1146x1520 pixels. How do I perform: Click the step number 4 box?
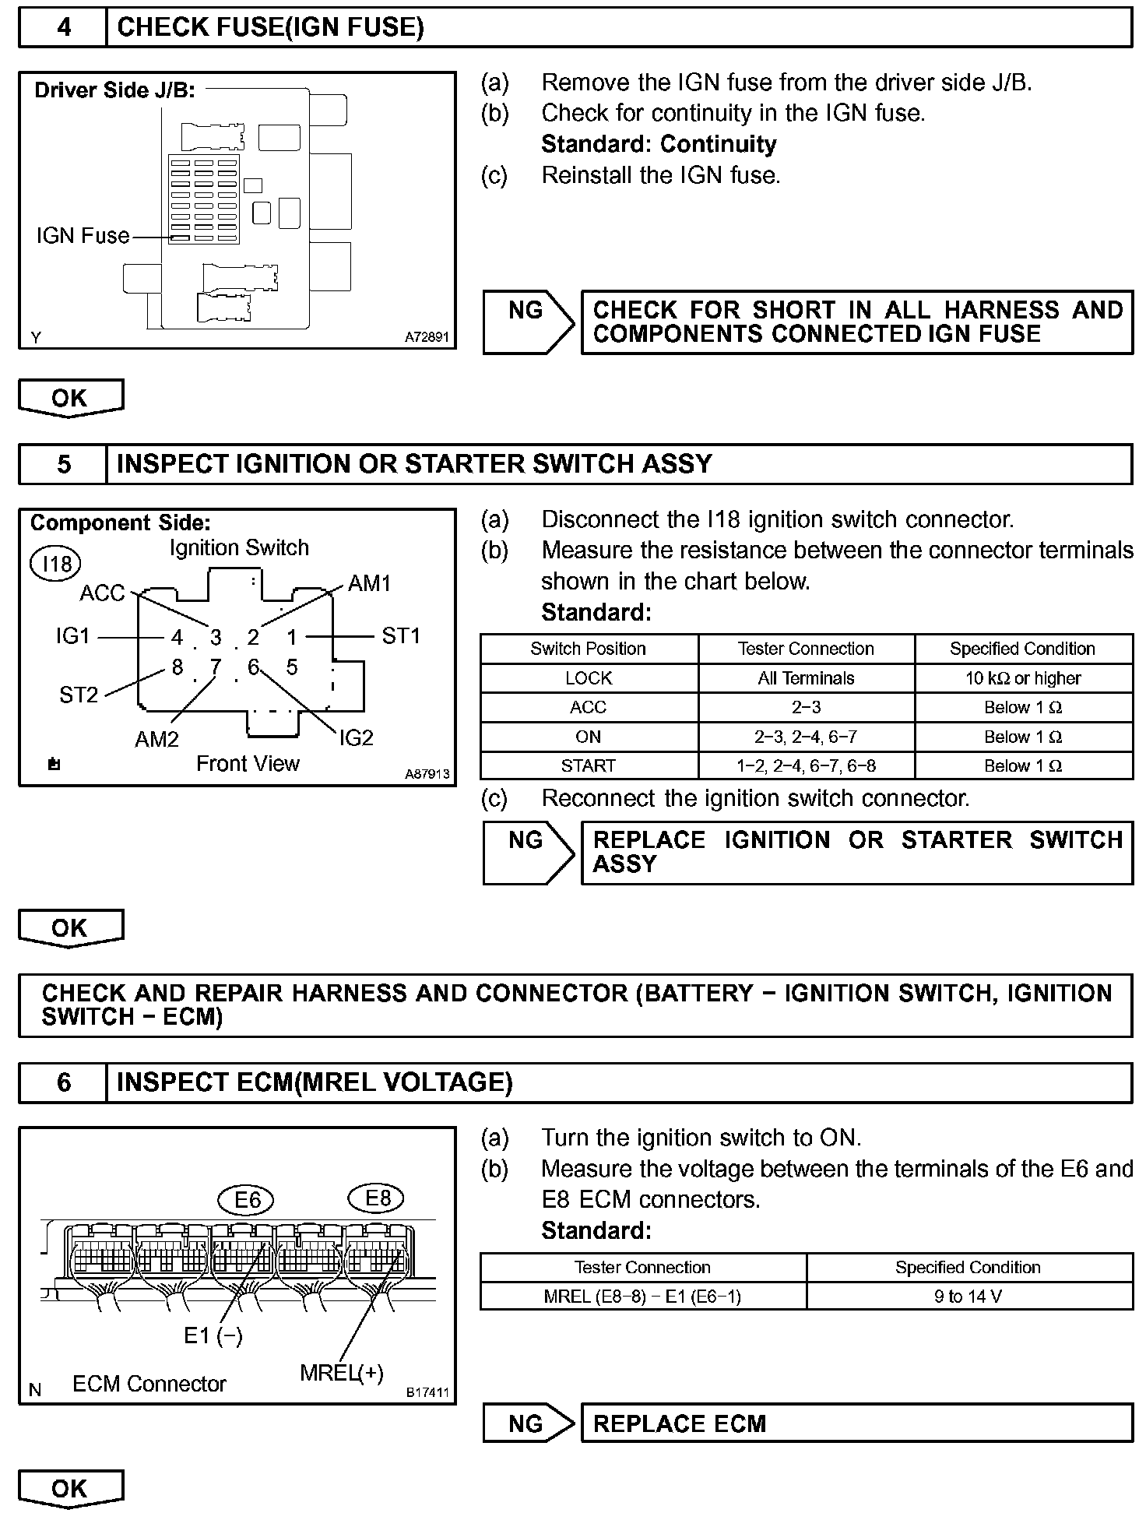[63, 28]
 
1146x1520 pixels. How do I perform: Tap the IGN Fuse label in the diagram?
[83, 235]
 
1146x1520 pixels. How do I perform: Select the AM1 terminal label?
[369, 583]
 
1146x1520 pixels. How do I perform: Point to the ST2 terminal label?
[79, 695]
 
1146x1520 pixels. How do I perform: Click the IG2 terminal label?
[356, 737]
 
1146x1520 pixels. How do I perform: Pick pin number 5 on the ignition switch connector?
[292, 667]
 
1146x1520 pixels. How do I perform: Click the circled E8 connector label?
[378, 1198]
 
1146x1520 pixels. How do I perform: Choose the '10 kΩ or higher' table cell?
[1023, 678]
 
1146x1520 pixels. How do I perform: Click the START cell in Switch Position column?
[589, 766]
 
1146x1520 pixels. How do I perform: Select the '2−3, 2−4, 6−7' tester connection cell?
[806, 737]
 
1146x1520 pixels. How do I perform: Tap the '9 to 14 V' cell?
[968, 1297]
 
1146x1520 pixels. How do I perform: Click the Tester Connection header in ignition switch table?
[806, 649]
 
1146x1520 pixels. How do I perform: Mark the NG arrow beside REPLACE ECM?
[528, 1423]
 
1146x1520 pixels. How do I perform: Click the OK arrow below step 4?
[70, 398]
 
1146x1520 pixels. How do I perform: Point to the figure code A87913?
[427, 774]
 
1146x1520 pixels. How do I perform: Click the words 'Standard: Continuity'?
[659, 144]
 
